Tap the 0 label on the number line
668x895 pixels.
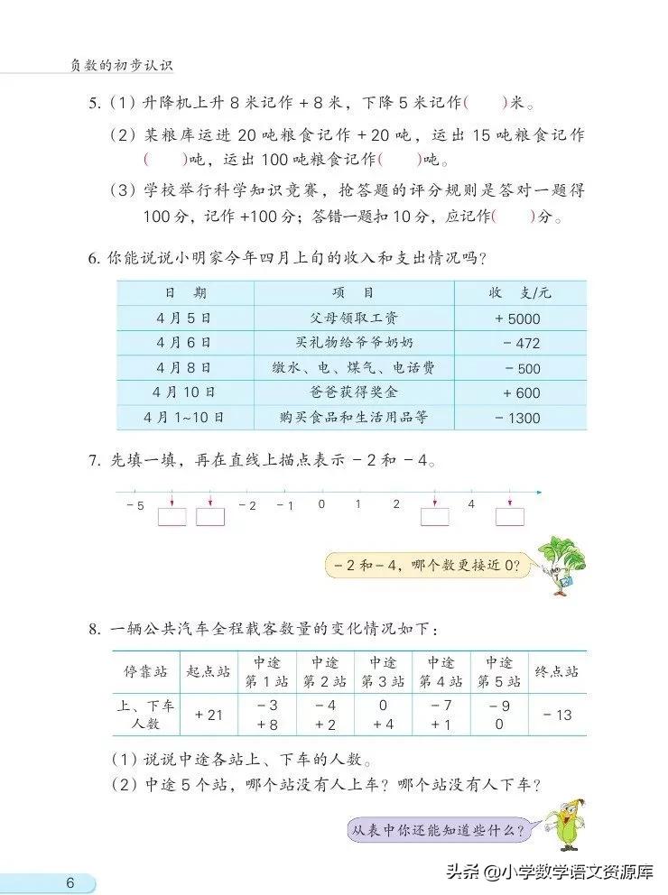coord(321,504)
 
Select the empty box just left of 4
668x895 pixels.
coord(434,517)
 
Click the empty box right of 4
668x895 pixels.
coord(509,517)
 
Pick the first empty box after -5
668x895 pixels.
coord(172,517)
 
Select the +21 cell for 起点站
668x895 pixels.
coord(209,715)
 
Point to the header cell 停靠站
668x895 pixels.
coord(145,672)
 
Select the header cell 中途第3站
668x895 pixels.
coord(383,672)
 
